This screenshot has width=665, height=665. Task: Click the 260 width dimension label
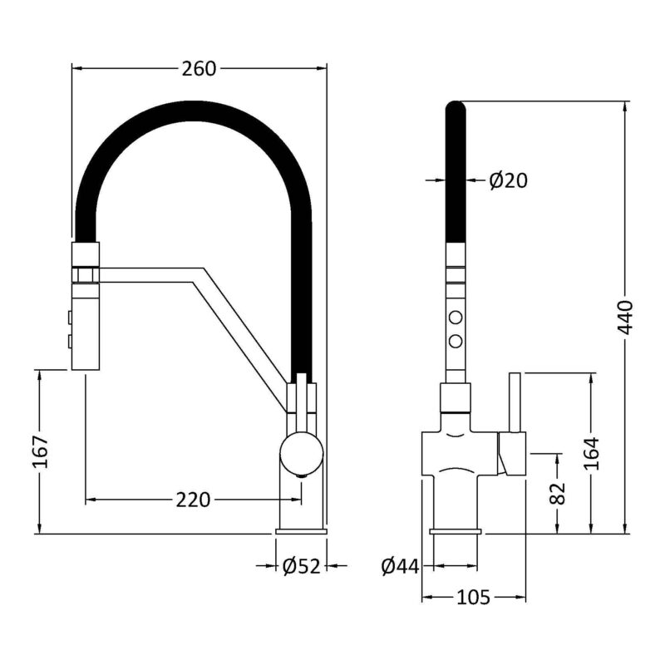point(199,69)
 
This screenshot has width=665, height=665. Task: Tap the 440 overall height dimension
point(625,317)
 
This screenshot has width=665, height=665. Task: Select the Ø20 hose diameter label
point(508,180)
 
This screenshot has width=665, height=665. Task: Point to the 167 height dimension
point(41,451)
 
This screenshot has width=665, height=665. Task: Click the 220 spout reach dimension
point(193,500)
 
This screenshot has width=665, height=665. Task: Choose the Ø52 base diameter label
point(301,566)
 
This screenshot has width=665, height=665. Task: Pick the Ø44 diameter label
point(400,566)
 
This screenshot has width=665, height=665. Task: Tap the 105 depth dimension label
point(473,598)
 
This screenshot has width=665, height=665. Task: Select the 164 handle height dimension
point(592,453)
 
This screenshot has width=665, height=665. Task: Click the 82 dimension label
point(558,493)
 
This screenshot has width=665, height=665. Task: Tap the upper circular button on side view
point(456,318)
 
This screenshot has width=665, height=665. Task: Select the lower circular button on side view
point(456,341)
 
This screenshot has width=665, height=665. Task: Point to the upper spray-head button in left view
point(69,318)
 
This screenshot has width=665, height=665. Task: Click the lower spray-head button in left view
point(69,342)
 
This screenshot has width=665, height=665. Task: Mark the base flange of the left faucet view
point(301,531)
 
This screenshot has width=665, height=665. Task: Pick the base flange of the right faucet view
point(456,531)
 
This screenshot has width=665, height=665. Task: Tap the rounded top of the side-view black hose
point(456,106)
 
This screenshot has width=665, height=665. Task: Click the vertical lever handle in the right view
point(515,403)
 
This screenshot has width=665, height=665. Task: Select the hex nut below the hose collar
point(86,275)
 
